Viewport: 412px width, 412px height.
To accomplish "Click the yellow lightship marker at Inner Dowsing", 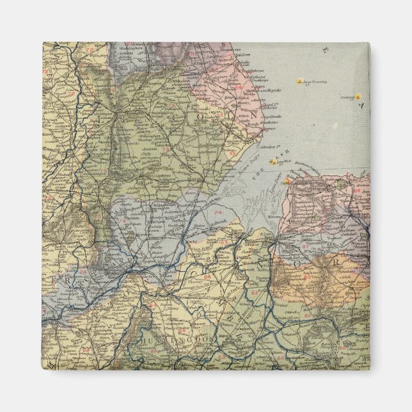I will coord(299,82).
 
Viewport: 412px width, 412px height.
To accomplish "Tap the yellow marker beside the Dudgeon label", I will coord(358,97).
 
